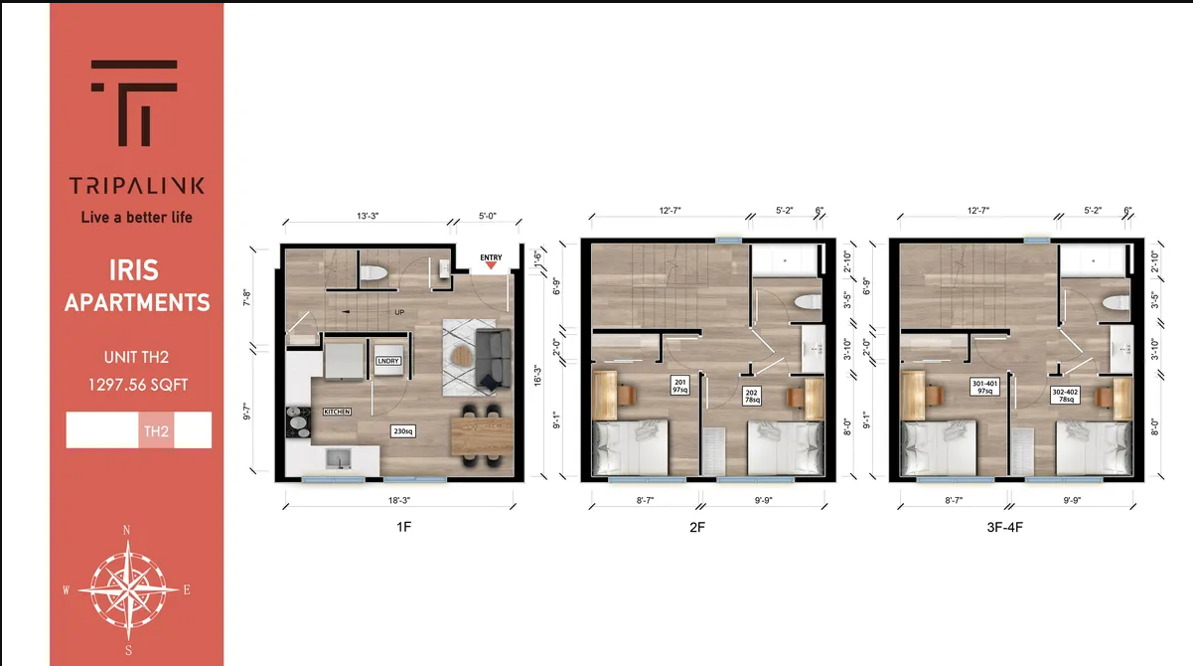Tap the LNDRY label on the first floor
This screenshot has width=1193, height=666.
click(x=388, y=361)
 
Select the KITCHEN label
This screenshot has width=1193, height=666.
click(x=336, y=411)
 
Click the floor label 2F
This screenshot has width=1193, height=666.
click(x=697, y=527)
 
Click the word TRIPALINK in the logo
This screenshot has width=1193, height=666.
click(x=137, y=186)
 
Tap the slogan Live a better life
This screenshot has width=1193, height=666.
click(x=137, y=216)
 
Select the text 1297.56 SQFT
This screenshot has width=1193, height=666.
click(x=137, y=383)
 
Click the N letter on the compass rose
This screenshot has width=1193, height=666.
click(x=126, y=531)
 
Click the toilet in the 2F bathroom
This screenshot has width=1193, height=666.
click(x=805, y=301)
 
